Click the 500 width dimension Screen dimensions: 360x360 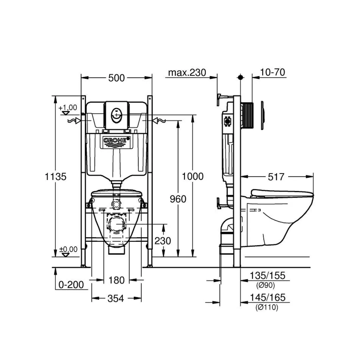[116, 78]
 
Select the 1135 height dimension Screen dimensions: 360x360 [56, 177]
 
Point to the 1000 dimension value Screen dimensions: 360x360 [192, 176]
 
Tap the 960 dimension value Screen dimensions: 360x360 [178, 199]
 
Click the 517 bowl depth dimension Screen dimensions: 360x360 [276, 177]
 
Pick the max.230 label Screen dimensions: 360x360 [187, 73]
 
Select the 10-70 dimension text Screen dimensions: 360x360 [273, 72]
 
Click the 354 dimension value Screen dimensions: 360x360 [116, 298]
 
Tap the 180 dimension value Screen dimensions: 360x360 [116, 280]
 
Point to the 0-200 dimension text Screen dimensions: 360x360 [71, 285]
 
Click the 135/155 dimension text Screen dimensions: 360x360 [268, 276]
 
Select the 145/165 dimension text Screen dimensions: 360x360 [268, 297]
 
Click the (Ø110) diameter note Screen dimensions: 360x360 [267, 307]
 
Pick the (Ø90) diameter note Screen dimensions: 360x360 [266, 285]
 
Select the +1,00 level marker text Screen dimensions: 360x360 [68, 108]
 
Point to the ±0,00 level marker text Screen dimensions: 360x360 [69, 249]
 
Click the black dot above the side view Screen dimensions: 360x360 [240, 77]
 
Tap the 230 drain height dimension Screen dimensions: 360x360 [163, 241]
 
